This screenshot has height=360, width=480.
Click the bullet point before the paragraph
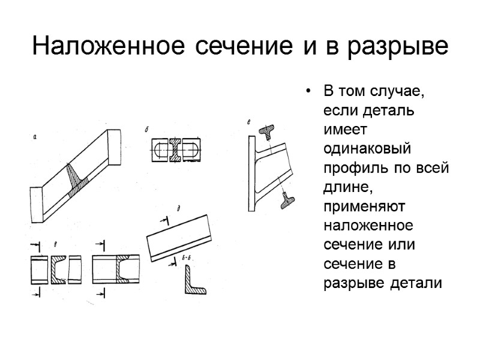(x=308, y=92)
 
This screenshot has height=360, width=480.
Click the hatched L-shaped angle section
(x=193, y=284)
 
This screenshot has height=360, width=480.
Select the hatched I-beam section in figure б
(x=175, y=150)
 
